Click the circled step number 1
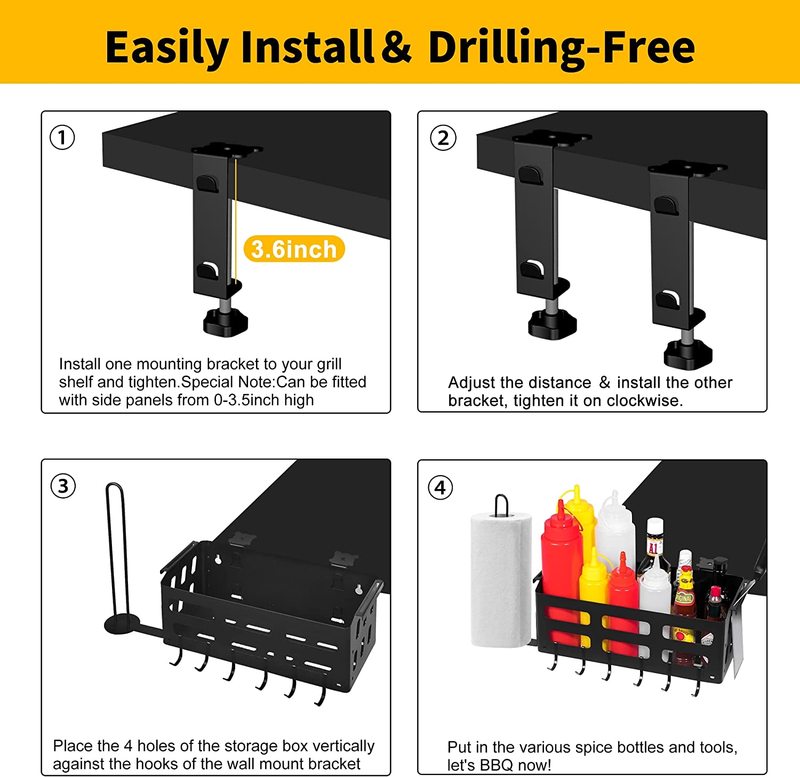point(62,138)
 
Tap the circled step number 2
point(443,138)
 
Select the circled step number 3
point(63,486)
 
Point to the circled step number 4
point(440,487)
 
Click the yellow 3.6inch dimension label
point(294,249)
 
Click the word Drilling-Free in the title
point(562,48)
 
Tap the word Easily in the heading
point(167,48)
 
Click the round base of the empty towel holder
point(122,623)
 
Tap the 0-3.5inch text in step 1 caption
point(247,400)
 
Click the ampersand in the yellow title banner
point(396,47)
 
